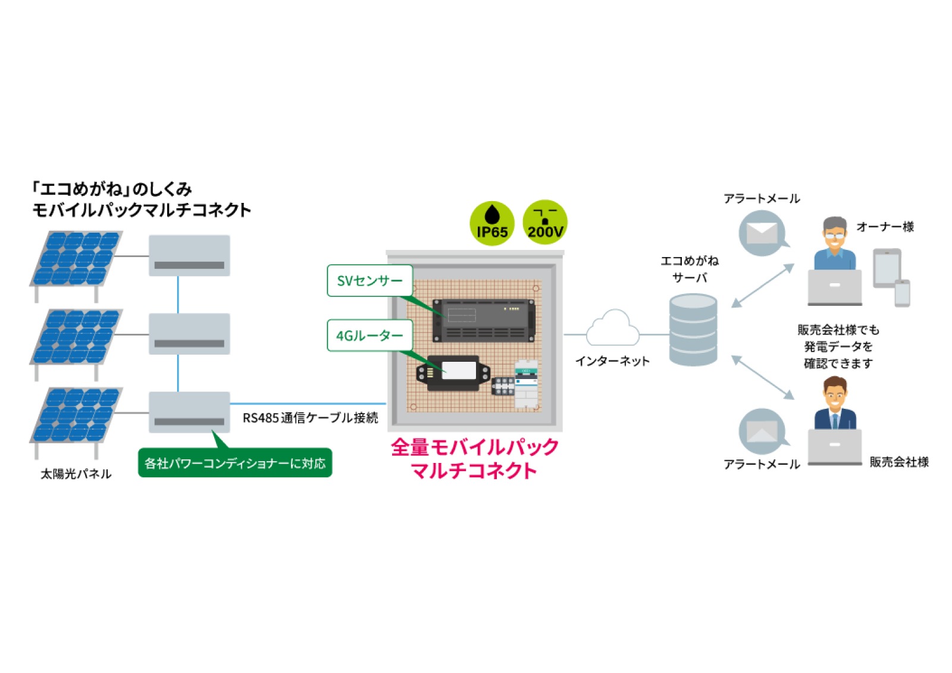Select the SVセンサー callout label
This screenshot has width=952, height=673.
[x=369, y=280]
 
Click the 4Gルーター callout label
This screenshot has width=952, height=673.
[x=369, y=336]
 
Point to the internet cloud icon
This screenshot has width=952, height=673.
[x=612, y=329]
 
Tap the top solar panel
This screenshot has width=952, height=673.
[x=77, y=259]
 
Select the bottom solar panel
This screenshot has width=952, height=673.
[x=77, y=415]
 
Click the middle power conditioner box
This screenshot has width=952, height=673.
[x=189, y=334]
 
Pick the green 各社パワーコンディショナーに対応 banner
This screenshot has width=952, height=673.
[x=235, y=463]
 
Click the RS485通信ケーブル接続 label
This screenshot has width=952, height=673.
[x=310, y=418]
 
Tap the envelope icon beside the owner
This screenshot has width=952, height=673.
[x=762, y=233]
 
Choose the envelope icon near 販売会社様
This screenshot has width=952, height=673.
[x=762, y=431]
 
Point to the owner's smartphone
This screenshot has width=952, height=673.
[x=902, y=293]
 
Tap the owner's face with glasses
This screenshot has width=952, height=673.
[x=834, y=235]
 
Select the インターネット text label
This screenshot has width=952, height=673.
[x=612, y=361]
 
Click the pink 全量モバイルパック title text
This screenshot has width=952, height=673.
[x=474, y=447]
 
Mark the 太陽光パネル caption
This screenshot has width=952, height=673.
[x=76, y=474]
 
